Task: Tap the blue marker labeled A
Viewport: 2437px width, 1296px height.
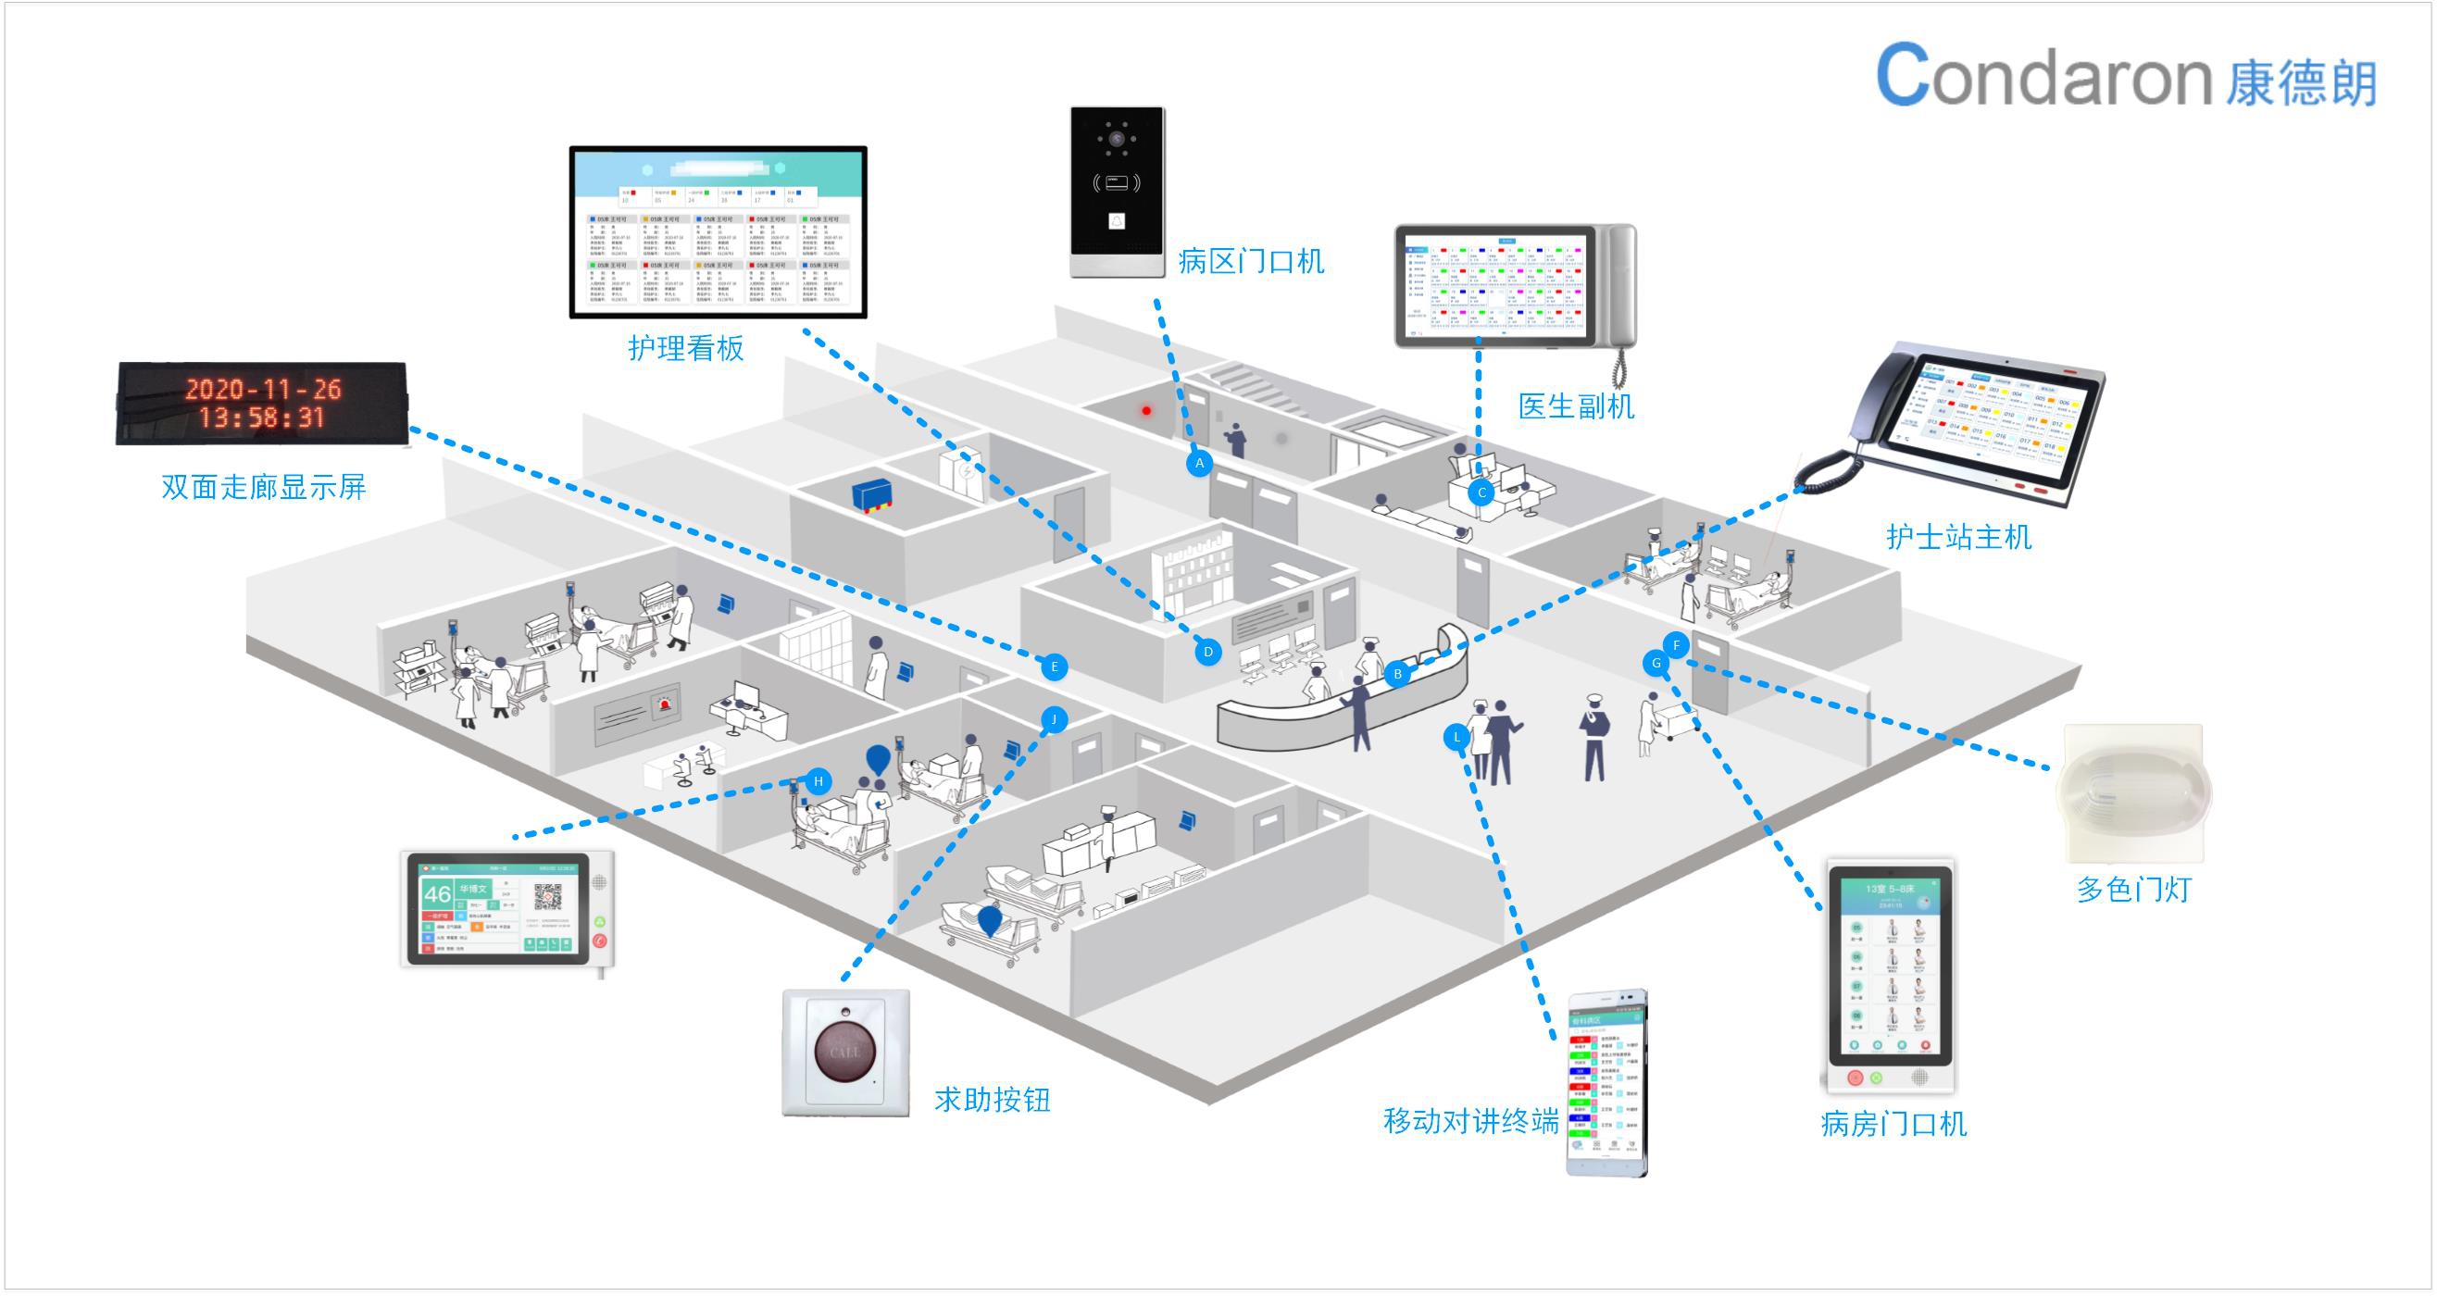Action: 1200,464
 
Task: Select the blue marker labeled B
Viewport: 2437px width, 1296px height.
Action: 1397,674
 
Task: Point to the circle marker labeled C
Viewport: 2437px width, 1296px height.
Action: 1481,492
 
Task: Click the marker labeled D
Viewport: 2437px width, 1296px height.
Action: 1207,652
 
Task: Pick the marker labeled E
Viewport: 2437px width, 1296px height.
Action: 1054,667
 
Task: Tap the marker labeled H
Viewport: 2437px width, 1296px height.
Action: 819,781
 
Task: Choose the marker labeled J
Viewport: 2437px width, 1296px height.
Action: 1054,719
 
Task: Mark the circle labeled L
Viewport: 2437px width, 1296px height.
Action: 1456,737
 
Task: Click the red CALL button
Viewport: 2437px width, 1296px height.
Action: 844,1051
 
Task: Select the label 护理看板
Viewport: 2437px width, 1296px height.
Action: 686,348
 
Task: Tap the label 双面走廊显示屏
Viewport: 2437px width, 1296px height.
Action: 264,487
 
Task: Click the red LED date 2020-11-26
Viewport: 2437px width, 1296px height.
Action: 262,389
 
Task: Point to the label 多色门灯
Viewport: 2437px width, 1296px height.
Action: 2132,890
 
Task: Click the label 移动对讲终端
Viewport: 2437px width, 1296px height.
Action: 1470,1121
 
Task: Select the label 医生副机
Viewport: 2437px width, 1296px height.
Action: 1576,406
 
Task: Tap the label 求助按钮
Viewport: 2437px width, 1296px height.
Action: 993,1099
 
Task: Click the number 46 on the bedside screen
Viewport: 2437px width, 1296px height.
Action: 437,894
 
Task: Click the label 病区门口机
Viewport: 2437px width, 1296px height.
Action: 1251,261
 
